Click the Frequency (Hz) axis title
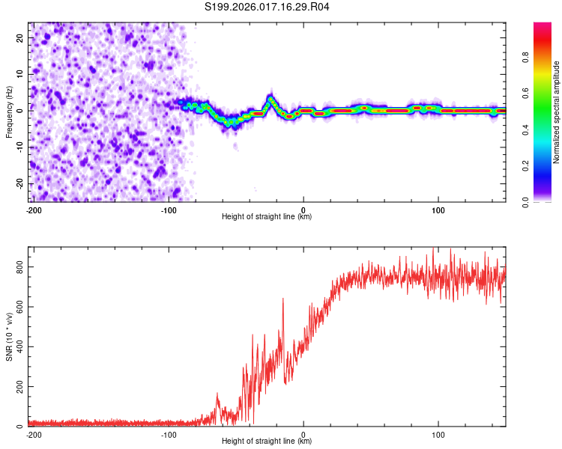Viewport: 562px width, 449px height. (x=9, y=111)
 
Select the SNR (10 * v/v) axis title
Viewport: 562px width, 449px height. (x=9, y=336)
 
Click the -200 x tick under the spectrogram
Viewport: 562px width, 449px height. (x=33, y=210)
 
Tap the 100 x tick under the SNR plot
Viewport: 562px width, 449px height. (x=439, y=434)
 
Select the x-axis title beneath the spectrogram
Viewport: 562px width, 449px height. (x=267, y=217)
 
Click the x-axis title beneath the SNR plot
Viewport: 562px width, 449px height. (x=267, y=442)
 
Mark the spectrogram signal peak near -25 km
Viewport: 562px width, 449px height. (x=271, y=97)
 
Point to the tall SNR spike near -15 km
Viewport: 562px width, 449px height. (x=283, y=299)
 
